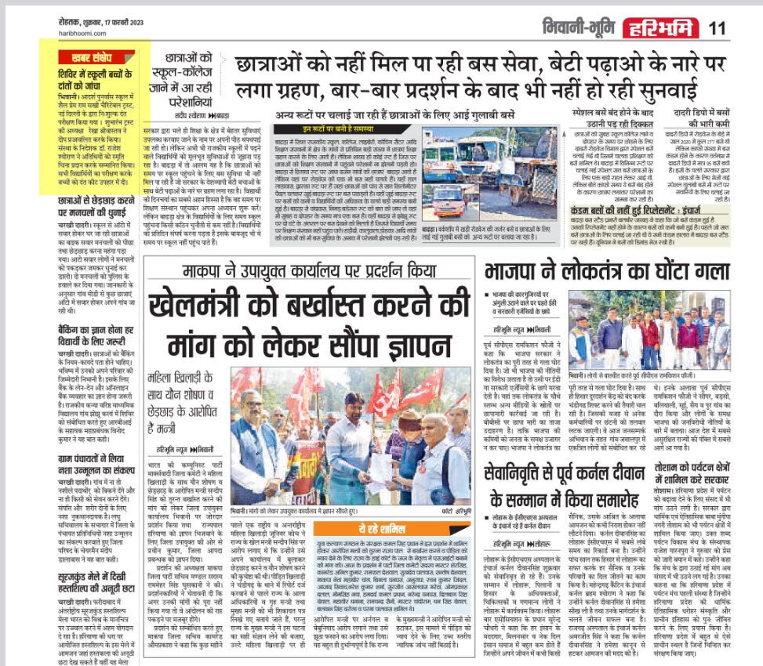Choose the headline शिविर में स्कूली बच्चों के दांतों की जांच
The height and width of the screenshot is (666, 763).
[94, 77]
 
